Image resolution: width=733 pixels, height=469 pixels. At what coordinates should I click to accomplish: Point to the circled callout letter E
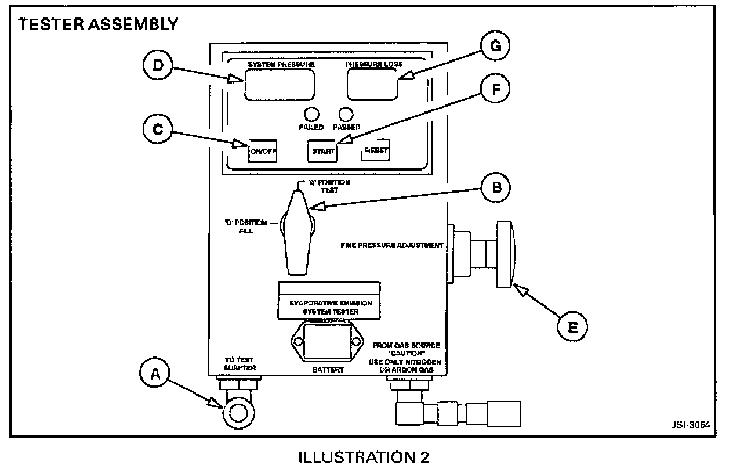[572, 327]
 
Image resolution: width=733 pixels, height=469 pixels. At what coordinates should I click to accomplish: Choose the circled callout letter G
[495, 46]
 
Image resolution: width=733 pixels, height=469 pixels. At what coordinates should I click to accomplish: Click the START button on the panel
[322, 151]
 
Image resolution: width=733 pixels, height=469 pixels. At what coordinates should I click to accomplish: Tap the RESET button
[375, 151]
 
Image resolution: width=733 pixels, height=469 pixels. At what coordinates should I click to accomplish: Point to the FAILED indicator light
[312, 113]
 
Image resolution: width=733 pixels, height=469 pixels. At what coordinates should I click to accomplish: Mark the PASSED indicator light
[346, 113]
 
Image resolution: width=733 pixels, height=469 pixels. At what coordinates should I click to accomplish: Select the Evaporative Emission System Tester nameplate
[329, 301]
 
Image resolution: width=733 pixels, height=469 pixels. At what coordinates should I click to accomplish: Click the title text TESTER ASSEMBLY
[99, 25]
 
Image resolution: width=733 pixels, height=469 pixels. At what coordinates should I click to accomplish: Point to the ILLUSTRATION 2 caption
[364, 457]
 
